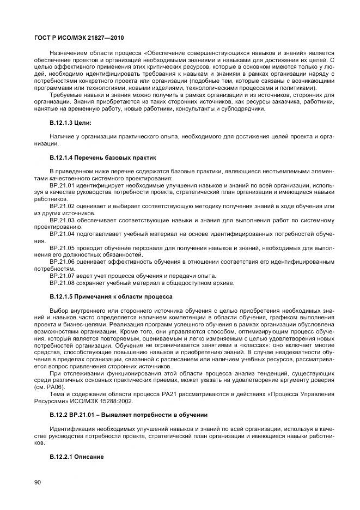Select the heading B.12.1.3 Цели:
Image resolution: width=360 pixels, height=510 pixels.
point(70,122)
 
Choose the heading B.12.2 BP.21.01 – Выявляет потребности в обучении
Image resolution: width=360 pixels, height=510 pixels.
point(129,415)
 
